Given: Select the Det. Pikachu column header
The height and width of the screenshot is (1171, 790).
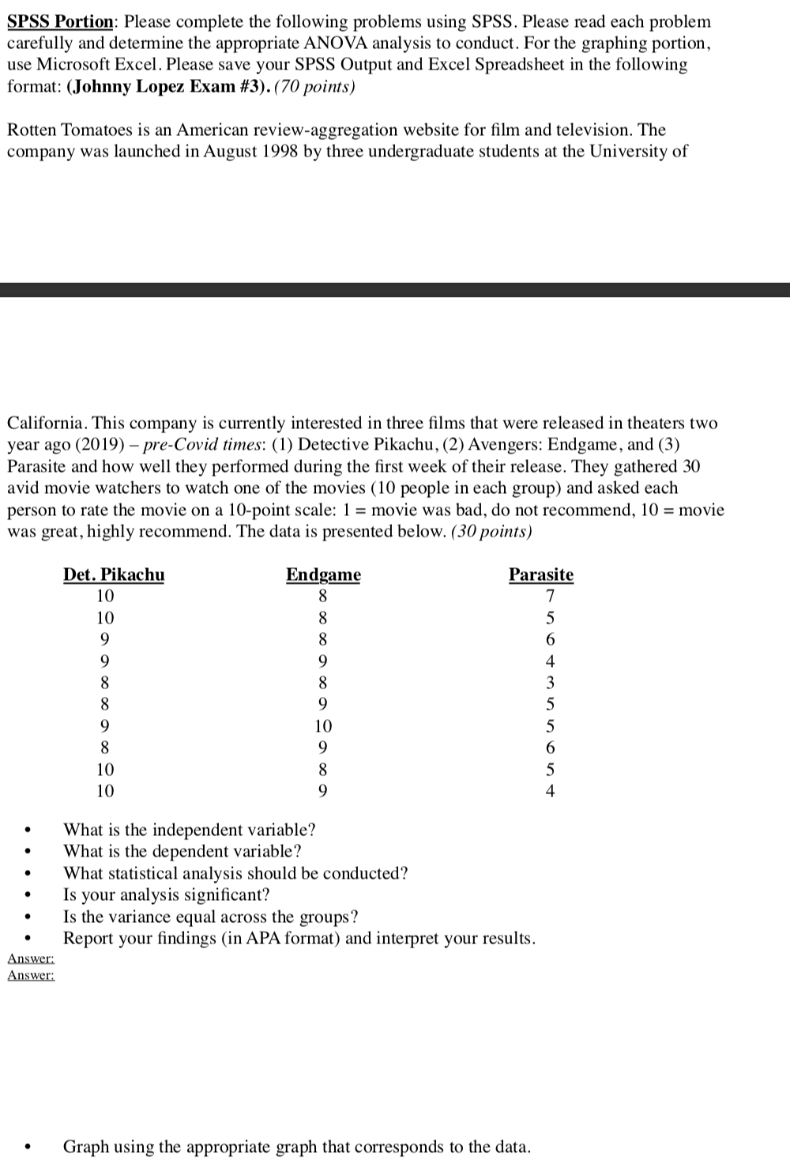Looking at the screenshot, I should (x=114, y=574).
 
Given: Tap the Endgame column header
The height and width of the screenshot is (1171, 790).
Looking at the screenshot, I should (x=323, y=574).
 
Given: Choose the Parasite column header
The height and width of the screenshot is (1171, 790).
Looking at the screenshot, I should (x=541, y=574).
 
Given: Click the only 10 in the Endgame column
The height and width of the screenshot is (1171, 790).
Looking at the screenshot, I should (x=323, y=726).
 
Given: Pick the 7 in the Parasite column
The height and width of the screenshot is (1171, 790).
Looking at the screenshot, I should (x=551, y=596).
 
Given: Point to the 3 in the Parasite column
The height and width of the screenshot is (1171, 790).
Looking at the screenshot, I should (x=551, y=683).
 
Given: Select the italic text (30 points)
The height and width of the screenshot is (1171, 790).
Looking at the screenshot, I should (x=491, y=531).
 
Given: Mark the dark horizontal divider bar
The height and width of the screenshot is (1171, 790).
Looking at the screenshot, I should (x=395, y=289).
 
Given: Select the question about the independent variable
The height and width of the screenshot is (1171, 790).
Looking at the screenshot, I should (x=190, y=830).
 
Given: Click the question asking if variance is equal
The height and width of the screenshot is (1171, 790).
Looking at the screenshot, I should (x=211, y=917).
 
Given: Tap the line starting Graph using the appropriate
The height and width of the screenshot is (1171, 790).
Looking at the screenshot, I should (x=297, y=1147).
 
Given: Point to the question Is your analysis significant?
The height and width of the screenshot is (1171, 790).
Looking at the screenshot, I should (x=167, y=894).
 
